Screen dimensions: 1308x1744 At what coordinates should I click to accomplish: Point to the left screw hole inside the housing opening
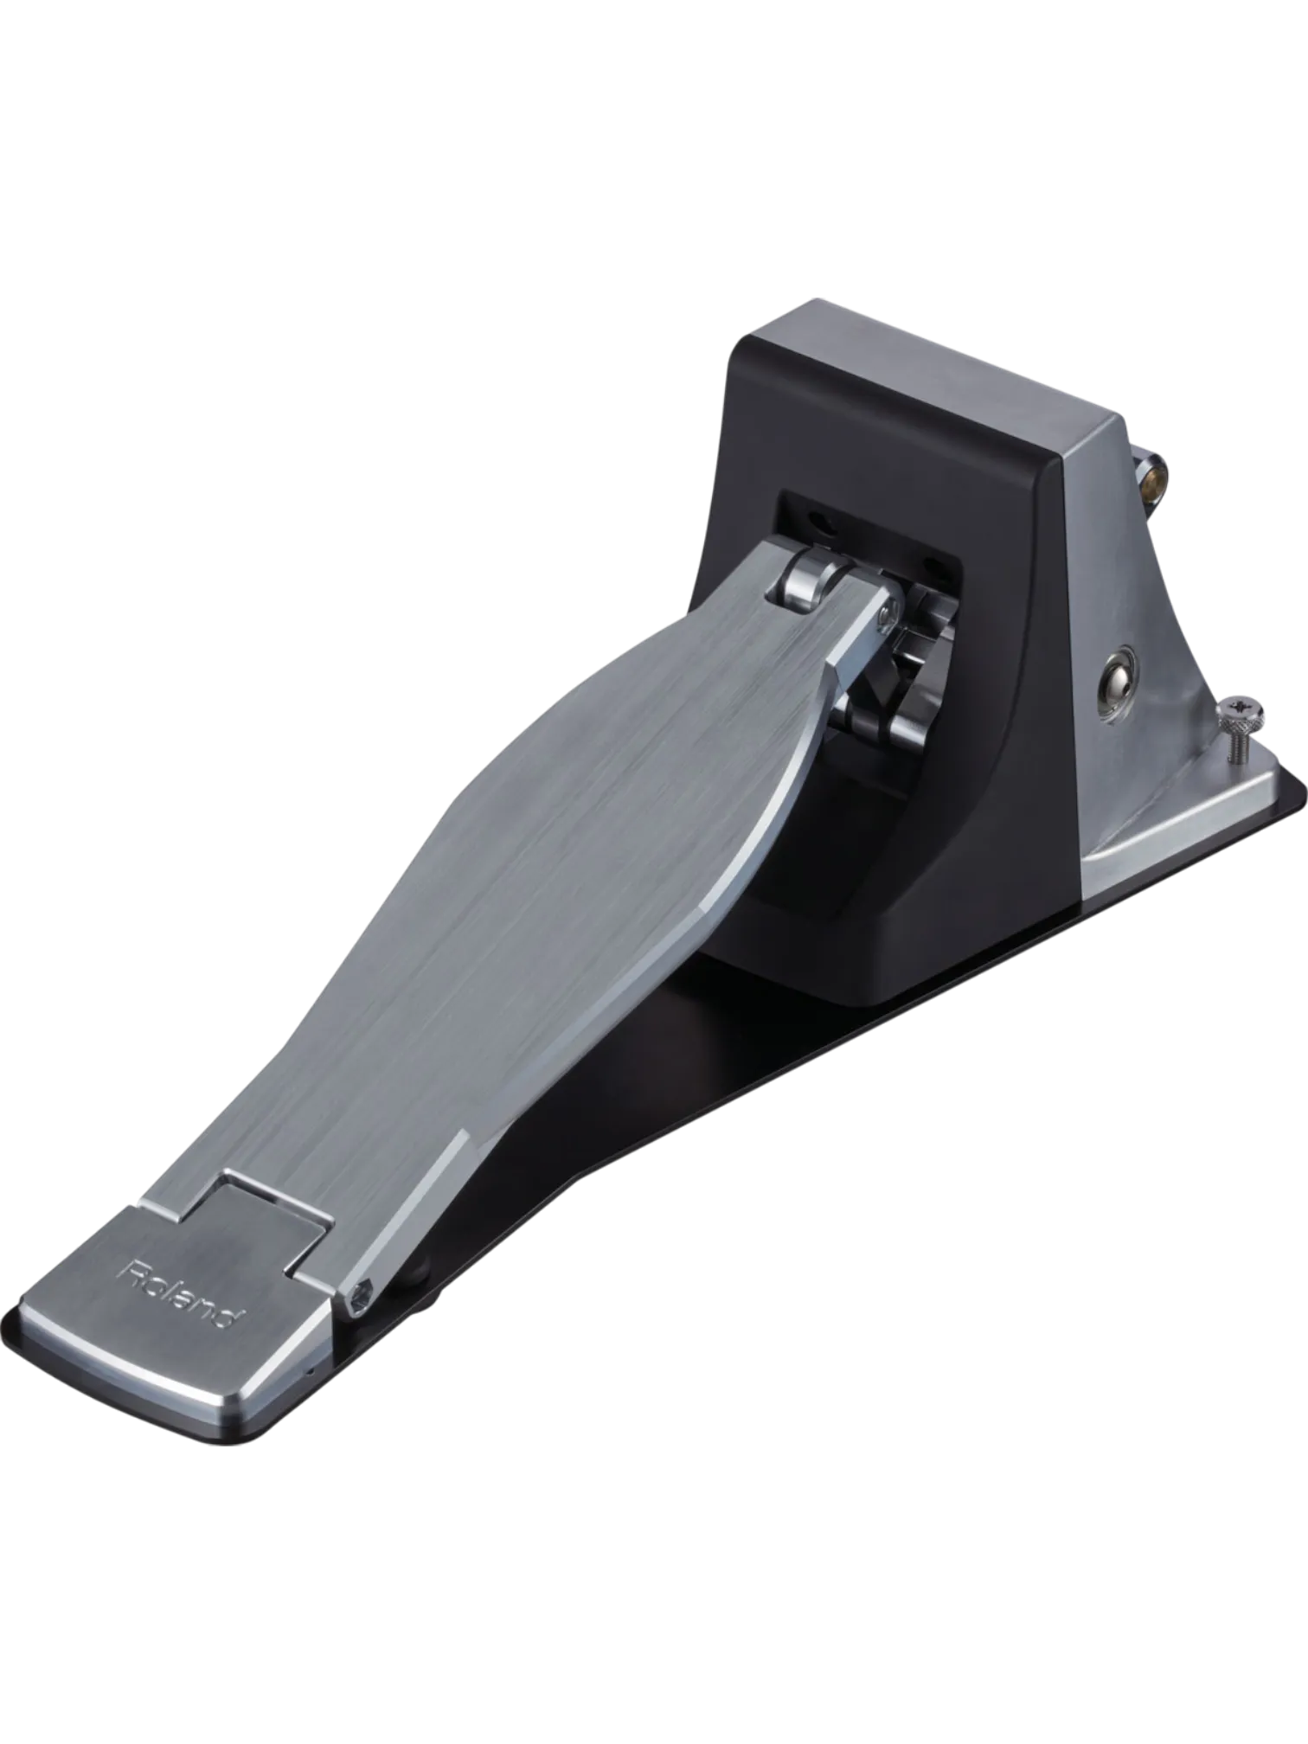point(818,525)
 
